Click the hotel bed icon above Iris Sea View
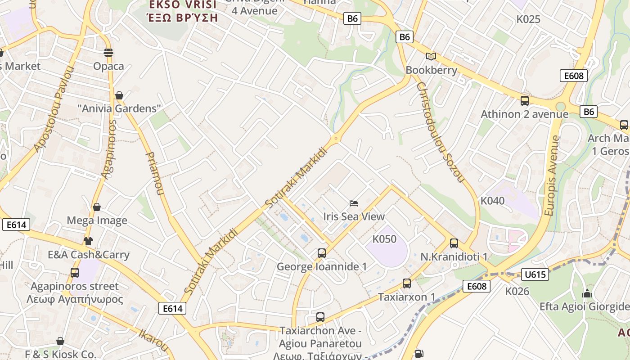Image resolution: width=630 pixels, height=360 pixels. point(354,203)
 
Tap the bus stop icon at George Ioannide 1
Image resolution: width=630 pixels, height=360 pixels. point(321,253)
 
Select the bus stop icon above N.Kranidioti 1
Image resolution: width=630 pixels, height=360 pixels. point(454,243)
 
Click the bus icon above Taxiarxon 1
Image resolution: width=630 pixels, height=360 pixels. point(406,283)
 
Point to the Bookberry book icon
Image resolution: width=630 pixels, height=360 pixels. point(431,56)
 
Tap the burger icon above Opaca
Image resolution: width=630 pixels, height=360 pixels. point(108,53)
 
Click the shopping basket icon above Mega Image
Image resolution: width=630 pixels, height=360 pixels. point(96,207)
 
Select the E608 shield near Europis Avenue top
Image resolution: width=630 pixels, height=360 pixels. point(574,76)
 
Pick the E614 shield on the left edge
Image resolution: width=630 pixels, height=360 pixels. point(16,225)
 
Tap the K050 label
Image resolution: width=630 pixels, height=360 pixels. point(384,239)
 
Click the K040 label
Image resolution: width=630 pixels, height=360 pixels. point(493,201)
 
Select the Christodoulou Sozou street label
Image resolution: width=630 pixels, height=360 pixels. point(440,132)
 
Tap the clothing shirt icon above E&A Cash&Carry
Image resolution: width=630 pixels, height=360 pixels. point(88,241)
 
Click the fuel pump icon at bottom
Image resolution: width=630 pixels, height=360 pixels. point(419,354)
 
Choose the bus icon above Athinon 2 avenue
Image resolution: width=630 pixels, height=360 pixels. point(524,101)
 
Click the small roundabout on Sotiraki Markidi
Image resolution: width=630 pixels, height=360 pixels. point(335,139)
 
